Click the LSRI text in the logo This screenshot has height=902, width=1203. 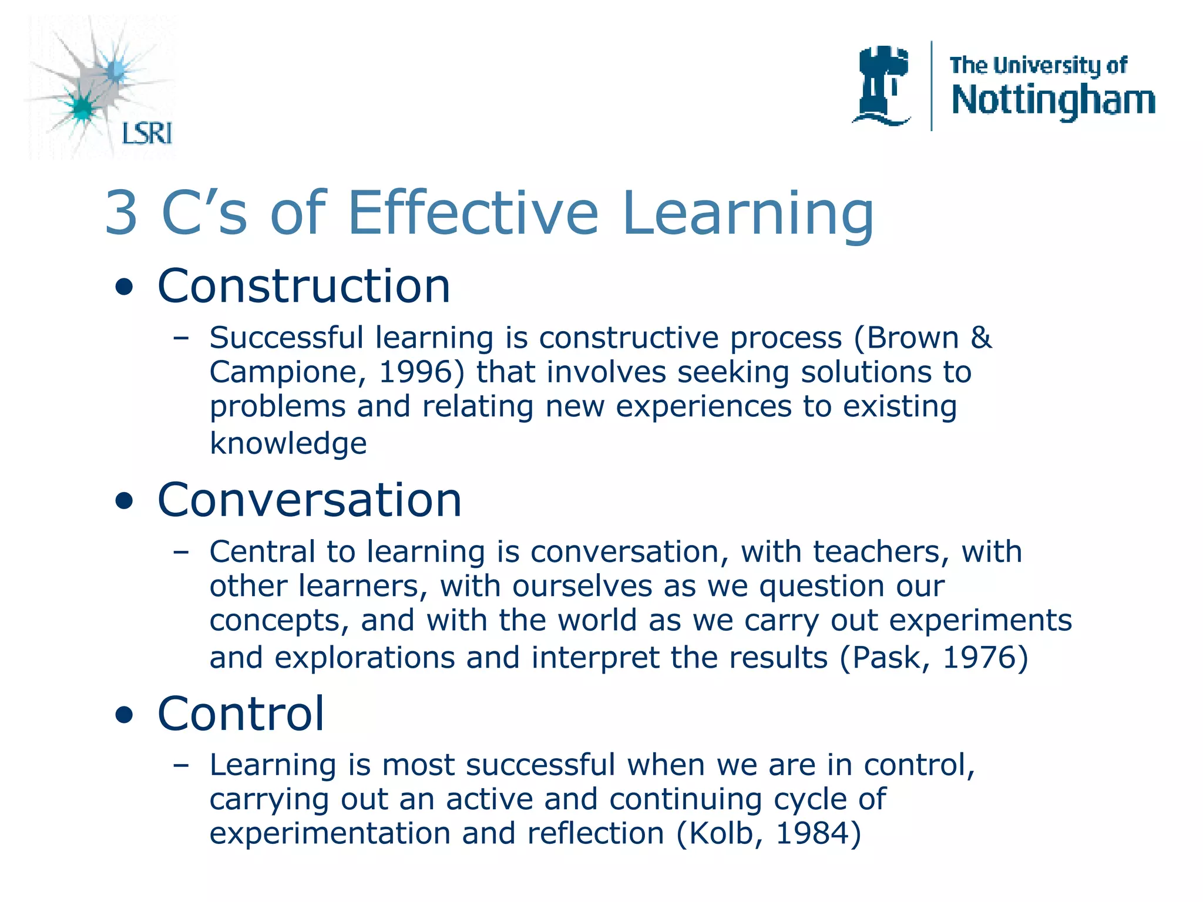point(147,133)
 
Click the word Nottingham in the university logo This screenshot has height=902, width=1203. point(1053,100)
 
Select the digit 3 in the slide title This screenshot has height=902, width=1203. point(122,213)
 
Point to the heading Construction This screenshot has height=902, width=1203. point(304,286)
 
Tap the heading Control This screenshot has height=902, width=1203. point(241,713)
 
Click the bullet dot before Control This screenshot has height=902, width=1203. point(124,716)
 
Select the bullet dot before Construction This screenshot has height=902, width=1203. point(124,288)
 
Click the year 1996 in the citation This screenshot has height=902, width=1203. point(416,372)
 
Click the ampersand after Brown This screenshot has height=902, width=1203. point(981,338)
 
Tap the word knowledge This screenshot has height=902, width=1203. point(288,443)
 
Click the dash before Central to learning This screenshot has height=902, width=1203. point(181,552)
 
